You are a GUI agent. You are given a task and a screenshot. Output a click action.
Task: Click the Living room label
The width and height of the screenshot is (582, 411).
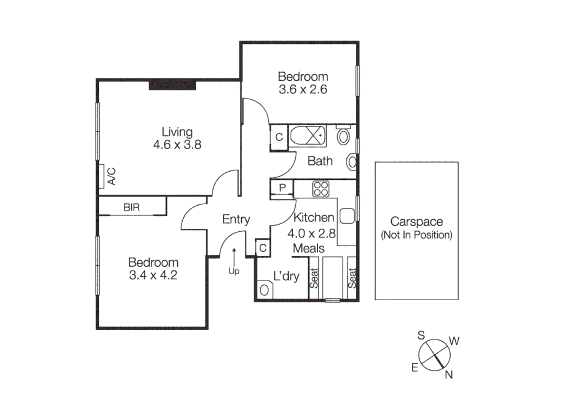pyautogui.click(x=177, y=132)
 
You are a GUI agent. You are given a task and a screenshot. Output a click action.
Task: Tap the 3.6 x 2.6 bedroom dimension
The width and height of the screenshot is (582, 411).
pyautogui.click(x=303, y=89)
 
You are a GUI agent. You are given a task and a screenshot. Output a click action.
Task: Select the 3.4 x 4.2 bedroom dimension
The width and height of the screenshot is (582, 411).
pyautogui.click(x=153, y=275)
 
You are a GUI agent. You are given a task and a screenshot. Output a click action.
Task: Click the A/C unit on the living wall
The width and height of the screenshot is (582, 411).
pyautogui.click(x=102, y=176)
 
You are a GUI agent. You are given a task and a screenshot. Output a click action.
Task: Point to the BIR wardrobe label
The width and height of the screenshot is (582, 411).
pyautogui.click(x=131, y=207)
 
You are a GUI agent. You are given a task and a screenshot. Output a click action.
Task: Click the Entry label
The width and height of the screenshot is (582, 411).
pyautogui.click(x=236, y=219)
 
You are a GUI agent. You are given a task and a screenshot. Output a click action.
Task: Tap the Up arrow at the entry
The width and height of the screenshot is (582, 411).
pyautogui.click(x=234, y=255)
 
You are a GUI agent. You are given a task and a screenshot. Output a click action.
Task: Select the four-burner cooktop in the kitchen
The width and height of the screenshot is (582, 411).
pyautogui.click(x=320, y=189)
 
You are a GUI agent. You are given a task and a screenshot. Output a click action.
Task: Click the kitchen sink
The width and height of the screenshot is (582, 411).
pyautogui.click(x=347, y=216)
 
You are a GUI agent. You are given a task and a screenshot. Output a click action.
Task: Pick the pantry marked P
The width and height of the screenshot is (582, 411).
pyautogui.click(x=282, y=188)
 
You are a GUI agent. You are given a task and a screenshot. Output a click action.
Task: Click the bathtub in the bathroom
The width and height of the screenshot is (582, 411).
pyautogui.click(x=308, y=135)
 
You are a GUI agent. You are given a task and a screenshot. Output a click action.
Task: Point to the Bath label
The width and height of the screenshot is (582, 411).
pyautogui.click(x=320, y=161)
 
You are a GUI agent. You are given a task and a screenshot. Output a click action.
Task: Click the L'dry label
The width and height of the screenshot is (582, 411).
pyautogui.click(x=286, y=276)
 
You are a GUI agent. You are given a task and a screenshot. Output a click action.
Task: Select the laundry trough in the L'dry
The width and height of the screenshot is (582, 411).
pyautogui.click(x=264, y=290)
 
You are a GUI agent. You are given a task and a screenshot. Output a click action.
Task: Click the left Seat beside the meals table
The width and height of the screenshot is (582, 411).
pyautogui.click(x=313, y=278)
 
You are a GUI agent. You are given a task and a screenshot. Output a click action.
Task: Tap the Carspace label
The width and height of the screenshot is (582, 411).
pyautogui.click(x=416, y=221)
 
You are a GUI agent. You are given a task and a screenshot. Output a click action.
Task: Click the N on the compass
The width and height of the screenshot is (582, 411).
pyautogui.click(x=449, y=375)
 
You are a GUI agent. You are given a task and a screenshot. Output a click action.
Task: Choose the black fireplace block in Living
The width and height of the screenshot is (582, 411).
pyautogui.click(x=172, y=84)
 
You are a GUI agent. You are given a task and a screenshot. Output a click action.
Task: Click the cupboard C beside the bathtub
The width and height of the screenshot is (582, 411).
pyautogui.click(x=279, y=137)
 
